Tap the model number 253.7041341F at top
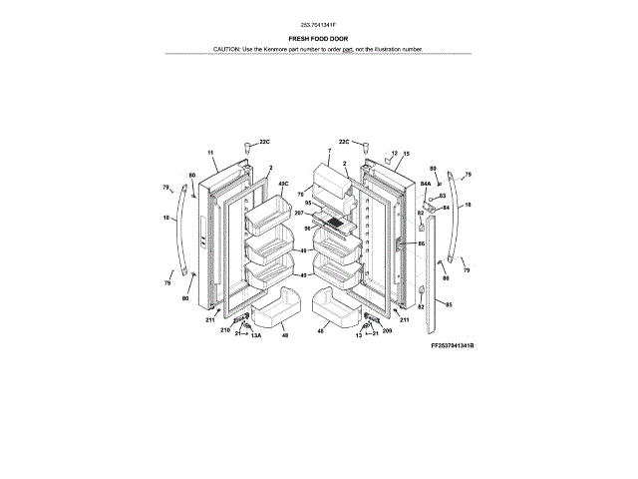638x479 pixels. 318,24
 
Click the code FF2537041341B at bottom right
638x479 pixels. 453,344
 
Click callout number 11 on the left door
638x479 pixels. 210,152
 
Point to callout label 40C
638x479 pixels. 283,184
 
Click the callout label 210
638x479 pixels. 224,329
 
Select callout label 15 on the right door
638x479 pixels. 406,154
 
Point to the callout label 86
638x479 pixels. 421,243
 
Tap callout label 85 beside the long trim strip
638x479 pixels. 448,304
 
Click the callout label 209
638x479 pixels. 387,330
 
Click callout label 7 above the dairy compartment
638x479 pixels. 328,152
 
